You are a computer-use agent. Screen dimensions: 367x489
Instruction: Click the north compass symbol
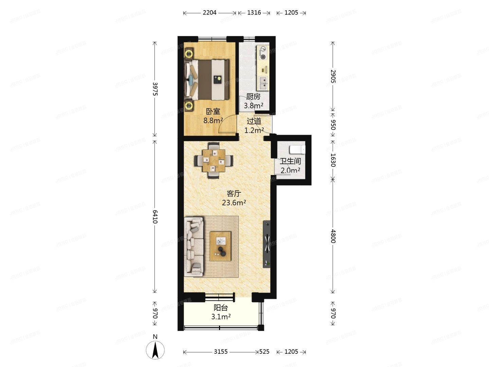coord(155,350)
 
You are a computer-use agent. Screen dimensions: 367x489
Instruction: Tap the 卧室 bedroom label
coord(213,111)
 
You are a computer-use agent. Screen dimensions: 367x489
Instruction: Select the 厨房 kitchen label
coord(253,97)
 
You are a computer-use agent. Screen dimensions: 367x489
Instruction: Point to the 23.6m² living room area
coord(234,203)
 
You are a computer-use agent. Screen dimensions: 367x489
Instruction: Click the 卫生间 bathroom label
coord(290,162)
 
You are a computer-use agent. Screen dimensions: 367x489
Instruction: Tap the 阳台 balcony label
coord(221,308)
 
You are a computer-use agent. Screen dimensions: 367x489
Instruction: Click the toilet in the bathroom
coord(297,150)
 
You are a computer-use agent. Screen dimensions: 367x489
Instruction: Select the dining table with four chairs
coord(214,160)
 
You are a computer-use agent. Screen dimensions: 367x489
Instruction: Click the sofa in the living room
coord(194,246)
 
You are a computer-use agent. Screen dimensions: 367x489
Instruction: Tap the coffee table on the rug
coord(220,246)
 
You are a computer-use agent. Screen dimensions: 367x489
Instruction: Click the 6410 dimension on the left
coord(155,216)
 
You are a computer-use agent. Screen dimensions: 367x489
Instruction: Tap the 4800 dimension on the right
coord(333,236)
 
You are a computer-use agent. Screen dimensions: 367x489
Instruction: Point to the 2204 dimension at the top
coord(210,13)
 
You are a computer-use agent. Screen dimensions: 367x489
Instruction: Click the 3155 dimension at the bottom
coord(221,352)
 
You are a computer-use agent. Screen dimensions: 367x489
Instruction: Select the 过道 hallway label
coord(254,121)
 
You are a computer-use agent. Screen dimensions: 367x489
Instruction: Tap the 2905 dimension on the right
coord(333,76)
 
